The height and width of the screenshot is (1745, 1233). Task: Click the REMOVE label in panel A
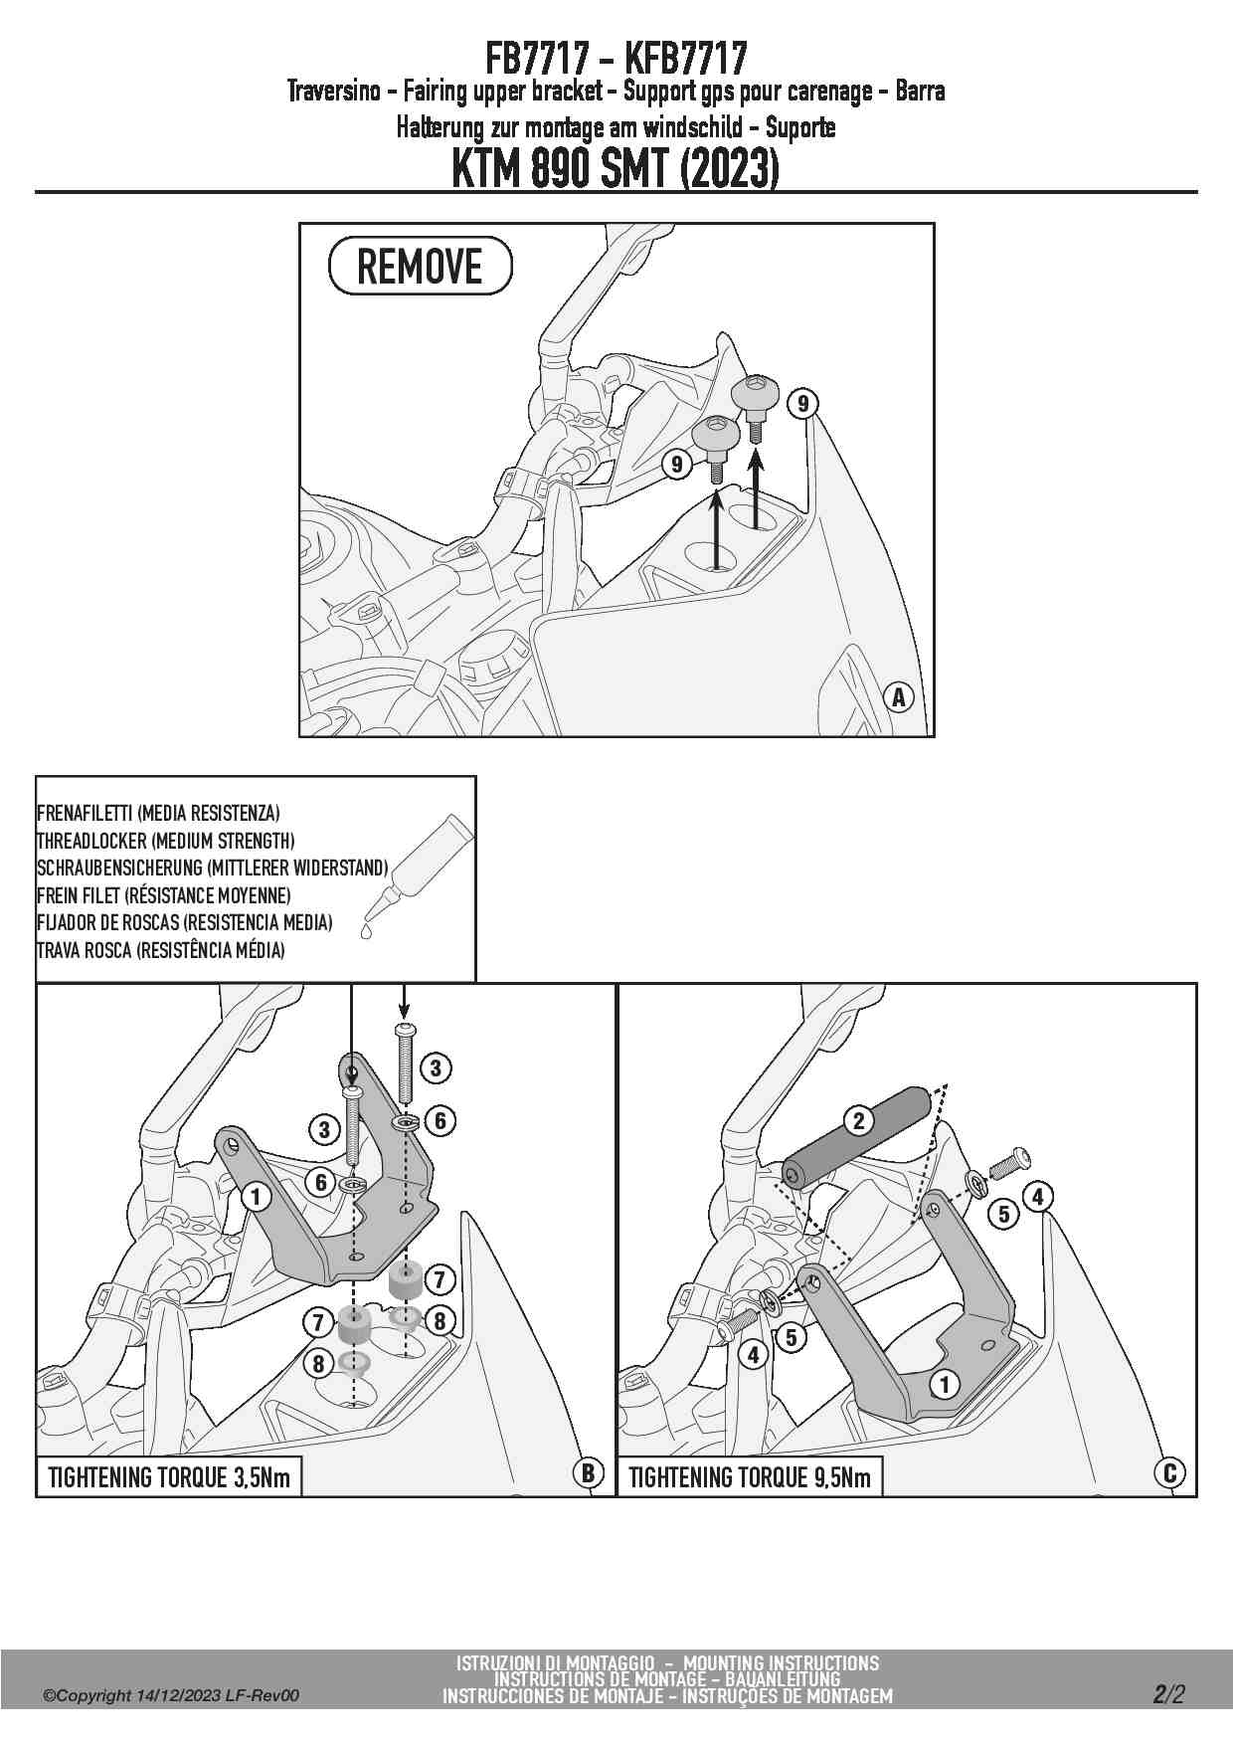pos(420,267)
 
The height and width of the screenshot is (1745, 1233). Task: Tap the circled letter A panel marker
pos(899,697)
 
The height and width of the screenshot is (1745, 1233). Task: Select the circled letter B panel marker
pos(588,1472)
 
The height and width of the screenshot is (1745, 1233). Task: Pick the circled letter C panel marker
pos(1169,1472)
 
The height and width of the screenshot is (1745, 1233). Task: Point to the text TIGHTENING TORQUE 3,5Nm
pos(169,1477)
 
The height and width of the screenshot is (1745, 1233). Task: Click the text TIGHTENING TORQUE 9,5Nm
pos(750,1477)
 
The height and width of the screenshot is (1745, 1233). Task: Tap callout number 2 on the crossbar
pos(858,1121)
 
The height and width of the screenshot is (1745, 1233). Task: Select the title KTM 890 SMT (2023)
pos(616,168)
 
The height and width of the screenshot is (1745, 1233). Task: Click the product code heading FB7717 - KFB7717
pos(616,59)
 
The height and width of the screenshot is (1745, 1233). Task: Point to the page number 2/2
pos(1169,1694)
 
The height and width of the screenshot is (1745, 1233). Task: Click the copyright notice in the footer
pos(170,1696)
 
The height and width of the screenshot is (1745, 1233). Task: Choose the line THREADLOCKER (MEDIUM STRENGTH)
pos(165,841)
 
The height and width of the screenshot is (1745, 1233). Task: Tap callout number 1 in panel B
pos(256,1196)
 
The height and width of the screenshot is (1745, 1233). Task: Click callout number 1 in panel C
pos(945,1384)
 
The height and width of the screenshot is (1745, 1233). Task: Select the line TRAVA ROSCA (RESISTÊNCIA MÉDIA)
pos(160,950)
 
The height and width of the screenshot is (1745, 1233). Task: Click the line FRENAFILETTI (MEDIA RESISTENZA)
pos(158,814)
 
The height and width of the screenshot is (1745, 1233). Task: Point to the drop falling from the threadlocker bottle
pos(366,932)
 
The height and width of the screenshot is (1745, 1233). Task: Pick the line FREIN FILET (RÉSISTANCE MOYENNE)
pos(164,895)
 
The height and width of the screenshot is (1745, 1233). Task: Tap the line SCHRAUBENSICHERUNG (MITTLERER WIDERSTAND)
pos(212,869)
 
